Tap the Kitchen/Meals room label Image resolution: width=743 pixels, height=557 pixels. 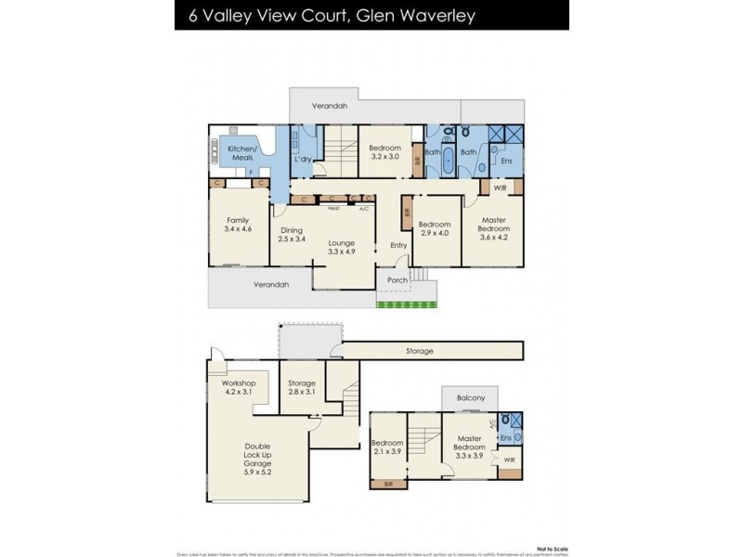[242, 153]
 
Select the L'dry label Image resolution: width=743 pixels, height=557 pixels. [302, 161]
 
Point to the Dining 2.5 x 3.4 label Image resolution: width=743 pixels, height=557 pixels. [292, 234]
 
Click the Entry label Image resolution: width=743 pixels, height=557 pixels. [398, 245]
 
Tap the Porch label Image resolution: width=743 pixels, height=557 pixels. [398, 278]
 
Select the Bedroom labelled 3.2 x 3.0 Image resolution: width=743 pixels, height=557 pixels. [385, 153]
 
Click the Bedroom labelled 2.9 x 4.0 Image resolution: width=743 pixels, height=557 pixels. [434, 228]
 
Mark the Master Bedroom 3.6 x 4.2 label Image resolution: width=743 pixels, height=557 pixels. [493, 228]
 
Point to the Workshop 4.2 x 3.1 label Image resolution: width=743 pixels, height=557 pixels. [238, 388]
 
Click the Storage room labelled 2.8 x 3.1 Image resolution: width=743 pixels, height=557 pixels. [302, 388]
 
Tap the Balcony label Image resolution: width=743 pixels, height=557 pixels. [470, 399]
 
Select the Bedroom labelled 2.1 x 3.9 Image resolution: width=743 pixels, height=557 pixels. [387, 447]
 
